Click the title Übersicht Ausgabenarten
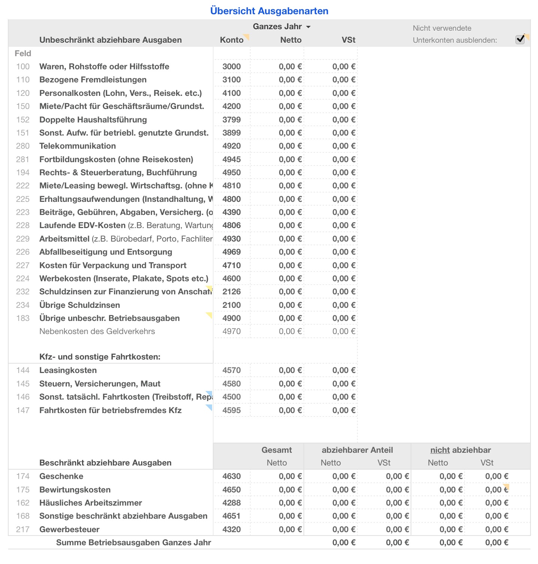click(x=269, y=11)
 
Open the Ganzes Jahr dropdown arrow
click(x=308, y=27)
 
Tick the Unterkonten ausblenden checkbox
click(x=520, y=39)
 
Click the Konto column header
click(x=232, y=40)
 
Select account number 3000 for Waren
click(x=232, y=67)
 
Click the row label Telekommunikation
click(x=78, y=146)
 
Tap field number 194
click(x=22, y=173)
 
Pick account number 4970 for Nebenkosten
click(x=232, y=331)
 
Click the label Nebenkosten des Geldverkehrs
click(x=97, y=331)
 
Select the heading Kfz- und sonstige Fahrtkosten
click(x=100, y=357)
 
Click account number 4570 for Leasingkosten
click(x=232, y=370)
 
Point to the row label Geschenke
click(x=61, y=476)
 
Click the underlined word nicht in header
click(x=440, y=450)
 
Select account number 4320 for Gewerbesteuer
click(x=232, y=530)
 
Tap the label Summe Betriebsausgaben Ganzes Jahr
click(x=133, y=543)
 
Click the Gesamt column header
click(x=276, y=450)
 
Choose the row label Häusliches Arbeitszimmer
click(x=91, y=503)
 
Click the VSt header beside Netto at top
click(x=348, y=40)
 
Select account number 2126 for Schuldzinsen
click(x=232, y=292)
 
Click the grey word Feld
click(x=23, y=54)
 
